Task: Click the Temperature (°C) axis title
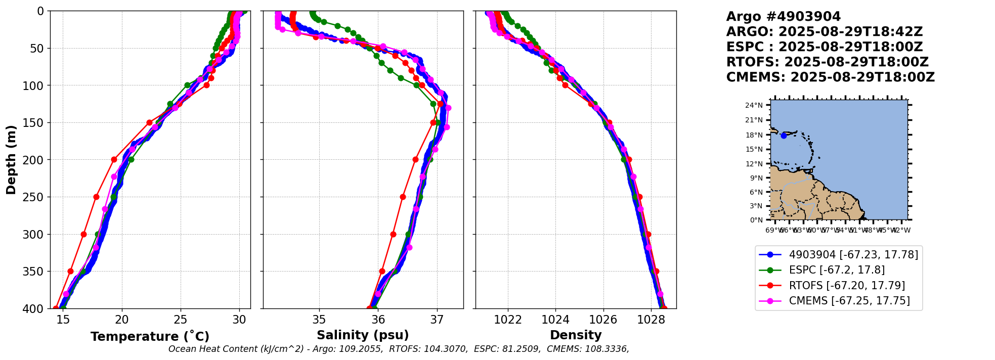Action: (x=150, y=337)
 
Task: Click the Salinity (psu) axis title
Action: (x=363, y=335)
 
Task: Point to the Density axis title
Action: (x=576, y=335)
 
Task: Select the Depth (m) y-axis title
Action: (x=11, y=160)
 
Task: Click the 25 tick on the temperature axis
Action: (x=181, y=320)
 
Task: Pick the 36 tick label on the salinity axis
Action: (x=378, y=320)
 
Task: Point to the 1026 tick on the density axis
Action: (x=603, y=320)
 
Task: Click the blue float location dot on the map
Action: (x=784, y=136)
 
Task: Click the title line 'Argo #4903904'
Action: (x=783, y=17)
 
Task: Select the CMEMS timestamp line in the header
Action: (x=830, y=77)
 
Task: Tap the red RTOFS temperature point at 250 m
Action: (x=96, y=197)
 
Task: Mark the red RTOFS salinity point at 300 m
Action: (x=393, y=234)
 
